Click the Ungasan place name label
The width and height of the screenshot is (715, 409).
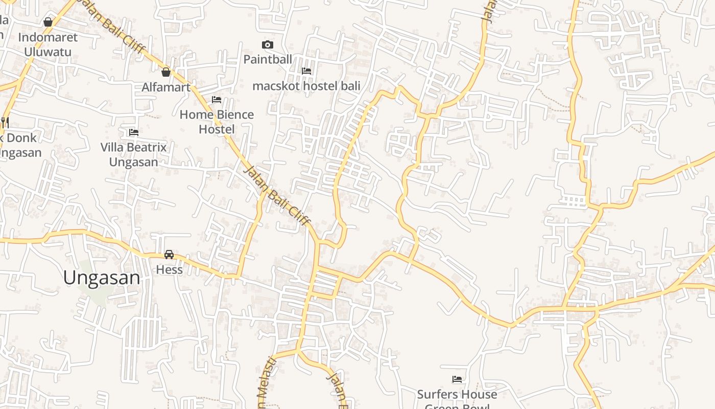(102, 278)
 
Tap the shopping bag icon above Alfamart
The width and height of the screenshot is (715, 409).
(165, 72)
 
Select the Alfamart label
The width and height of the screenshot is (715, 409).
(166, 87)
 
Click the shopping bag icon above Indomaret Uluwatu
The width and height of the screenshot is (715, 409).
(48, 22)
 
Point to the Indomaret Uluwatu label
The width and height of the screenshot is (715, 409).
(48, 44)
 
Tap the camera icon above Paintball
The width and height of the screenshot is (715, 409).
(267, 45)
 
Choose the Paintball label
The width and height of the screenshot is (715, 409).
(268, 59)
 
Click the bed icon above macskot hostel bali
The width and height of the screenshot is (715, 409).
(306, 71)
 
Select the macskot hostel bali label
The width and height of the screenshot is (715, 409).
(306, 85)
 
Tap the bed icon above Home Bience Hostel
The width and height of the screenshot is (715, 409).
(217, 99)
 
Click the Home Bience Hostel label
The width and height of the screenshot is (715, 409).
(217, 122)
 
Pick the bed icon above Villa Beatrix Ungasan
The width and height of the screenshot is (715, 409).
(134, 132)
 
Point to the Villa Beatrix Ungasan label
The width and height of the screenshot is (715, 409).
(134, 154)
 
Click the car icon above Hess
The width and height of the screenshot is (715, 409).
(169, 254)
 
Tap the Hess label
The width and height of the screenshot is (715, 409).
(169, 269)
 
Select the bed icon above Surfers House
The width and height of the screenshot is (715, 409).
(457, 379)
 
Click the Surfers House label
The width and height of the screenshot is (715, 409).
(457, 395)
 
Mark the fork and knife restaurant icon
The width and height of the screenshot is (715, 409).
(5, 122)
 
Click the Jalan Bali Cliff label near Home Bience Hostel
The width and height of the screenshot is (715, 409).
(278, 196)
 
